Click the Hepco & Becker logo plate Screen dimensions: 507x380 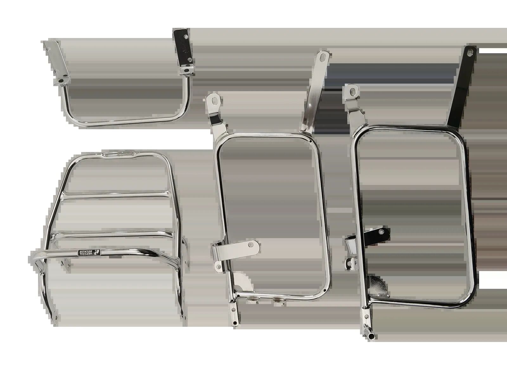pos(89,253)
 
